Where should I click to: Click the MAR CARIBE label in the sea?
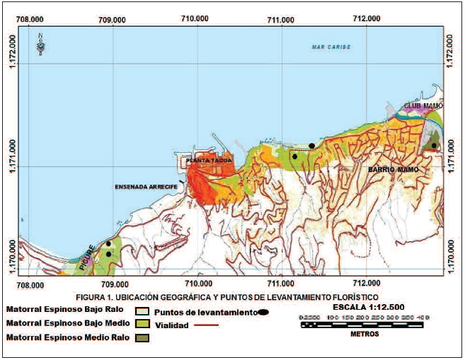(331, 47)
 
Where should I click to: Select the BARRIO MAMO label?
(393, 170)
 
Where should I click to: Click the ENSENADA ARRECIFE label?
(145, 187)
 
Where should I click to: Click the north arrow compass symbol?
(41, 44)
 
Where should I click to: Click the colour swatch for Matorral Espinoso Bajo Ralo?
(141, 310)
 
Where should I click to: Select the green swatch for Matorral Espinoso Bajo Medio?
(141, 324)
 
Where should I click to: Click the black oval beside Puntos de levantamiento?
(263, 312)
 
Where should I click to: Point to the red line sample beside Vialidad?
(206, 325)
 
